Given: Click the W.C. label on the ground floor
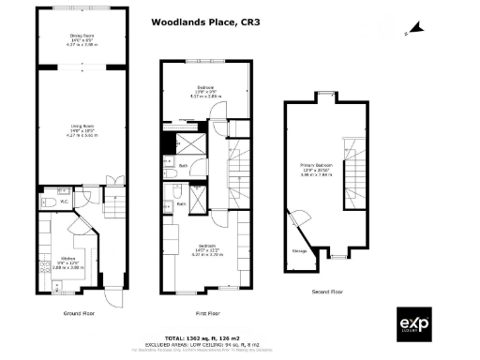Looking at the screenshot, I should [x=65, y=200].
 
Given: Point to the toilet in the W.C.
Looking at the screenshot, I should [x=47, y=201].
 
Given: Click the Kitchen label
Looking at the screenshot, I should [x=68, y=259].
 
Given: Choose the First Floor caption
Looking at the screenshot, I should [x=208, y=313].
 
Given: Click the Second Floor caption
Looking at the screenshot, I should [x=327, y=292].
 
